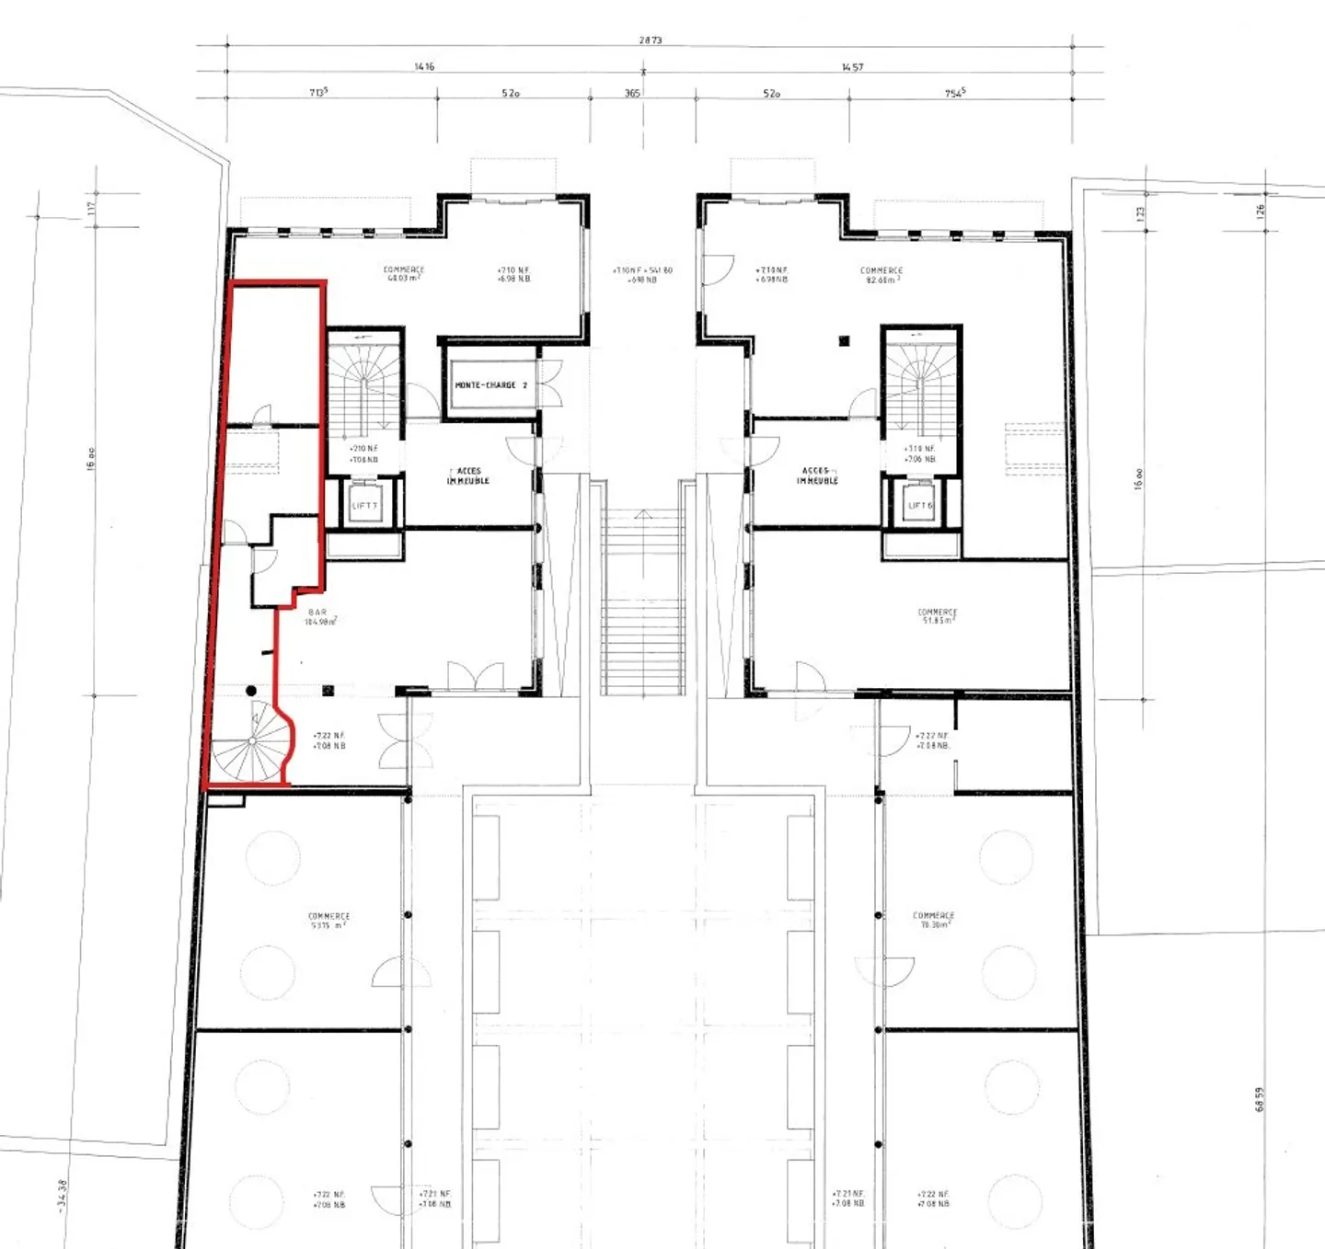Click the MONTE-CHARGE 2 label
tap(490, 385)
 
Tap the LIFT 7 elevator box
tap(364, 505)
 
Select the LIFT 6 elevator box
tap(920, 505)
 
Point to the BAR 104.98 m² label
tap(319, 617)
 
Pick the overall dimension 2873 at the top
tap(650, 40)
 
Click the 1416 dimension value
tap(424, 67)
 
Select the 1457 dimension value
tap(852, 67)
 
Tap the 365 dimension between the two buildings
tap(632, 94)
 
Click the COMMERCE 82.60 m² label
tap(881, 275)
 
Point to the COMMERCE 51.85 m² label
tap(937, 616)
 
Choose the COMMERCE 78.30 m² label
tap(933, 920)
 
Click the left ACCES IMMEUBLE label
tap(468, 476)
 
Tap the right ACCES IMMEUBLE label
tap(817, 476)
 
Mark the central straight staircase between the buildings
tap(642, 602)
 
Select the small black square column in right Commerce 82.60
tap(844, 341)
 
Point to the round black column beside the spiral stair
tap(251, 691)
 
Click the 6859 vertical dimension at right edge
tap(1260, 1099)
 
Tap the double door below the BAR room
tap(475, 677)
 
